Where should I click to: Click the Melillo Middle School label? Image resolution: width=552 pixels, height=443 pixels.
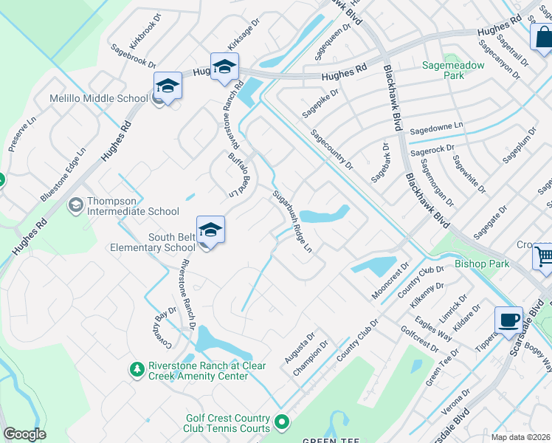(x=98, y=99)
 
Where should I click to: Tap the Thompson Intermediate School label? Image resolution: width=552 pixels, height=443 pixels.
(x=133, y=206)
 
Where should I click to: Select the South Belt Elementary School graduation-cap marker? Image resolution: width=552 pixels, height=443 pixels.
(x=210, y=230)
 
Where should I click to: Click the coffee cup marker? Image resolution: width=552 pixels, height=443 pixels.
(x=508, y=320)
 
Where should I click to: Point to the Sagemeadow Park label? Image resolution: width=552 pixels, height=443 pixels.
(x=453, y=70)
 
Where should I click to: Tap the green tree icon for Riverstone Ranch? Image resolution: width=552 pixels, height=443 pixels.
(x=136, y=369)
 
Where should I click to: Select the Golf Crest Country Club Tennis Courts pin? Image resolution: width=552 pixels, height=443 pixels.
(x=280, y=422)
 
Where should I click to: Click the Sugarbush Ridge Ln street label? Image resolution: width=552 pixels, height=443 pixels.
(x=293, y=221)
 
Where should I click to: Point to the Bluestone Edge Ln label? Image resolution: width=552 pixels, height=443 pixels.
(x=63, y=174)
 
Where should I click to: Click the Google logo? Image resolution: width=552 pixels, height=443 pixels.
(x=24, y=434)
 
